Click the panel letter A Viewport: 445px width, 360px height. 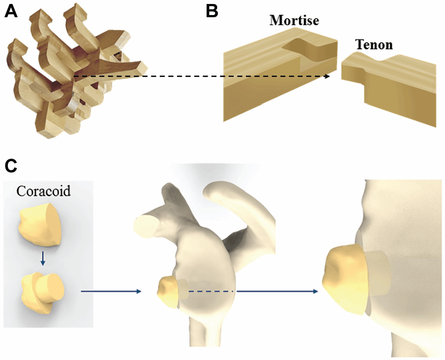[x=11, y=11]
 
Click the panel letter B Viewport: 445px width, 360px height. [x=212, y=11]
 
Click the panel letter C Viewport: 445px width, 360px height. [x=11, y=166]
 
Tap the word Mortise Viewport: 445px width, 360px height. [x=294, y=20]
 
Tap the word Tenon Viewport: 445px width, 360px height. [x=373, y=45]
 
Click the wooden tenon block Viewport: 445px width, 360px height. [x=388, y=88]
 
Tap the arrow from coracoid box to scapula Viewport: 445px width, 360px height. [x=110, y=292]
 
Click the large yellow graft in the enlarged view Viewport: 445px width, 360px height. [x=344, y=276]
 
